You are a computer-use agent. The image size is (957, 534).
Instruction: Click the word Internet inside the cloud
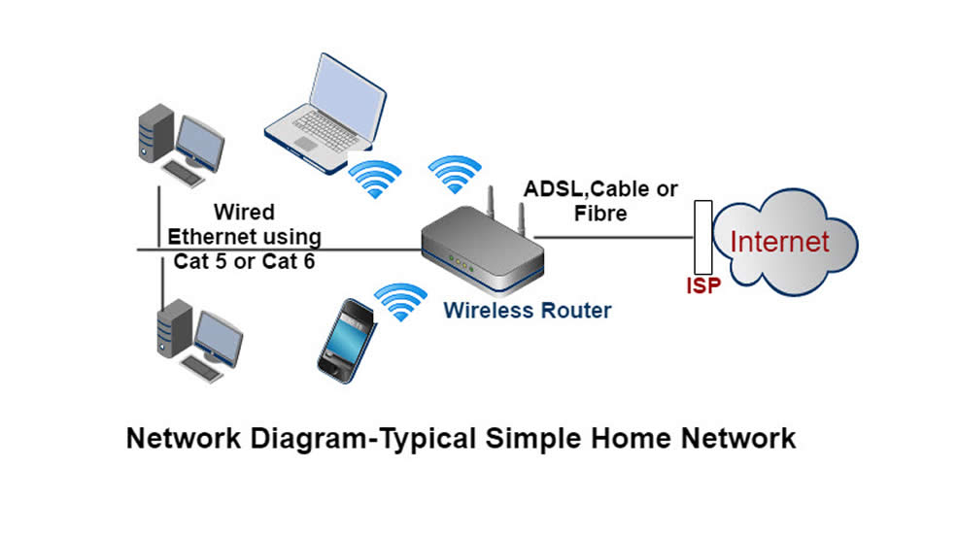point(779,241)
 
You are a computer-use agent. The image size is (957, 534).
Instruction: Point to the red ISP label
point(702,287)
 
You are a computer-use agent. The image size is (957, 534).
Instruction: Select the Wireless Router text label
point(527,311)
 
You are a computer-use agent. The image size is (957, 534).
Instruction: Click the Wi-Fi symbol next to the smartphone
point(400,302)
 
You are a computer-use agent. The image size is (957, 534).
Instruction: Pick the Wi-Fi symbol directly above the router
point(456,173)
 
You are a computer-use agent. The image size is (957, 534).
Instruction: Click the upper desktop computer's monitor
point(200,144)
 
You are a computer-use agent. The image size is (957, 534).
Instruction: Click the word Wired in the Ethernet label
point(244,212)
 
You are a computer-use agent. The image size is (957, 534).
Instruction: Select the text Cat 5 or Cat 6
point(244,260)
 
